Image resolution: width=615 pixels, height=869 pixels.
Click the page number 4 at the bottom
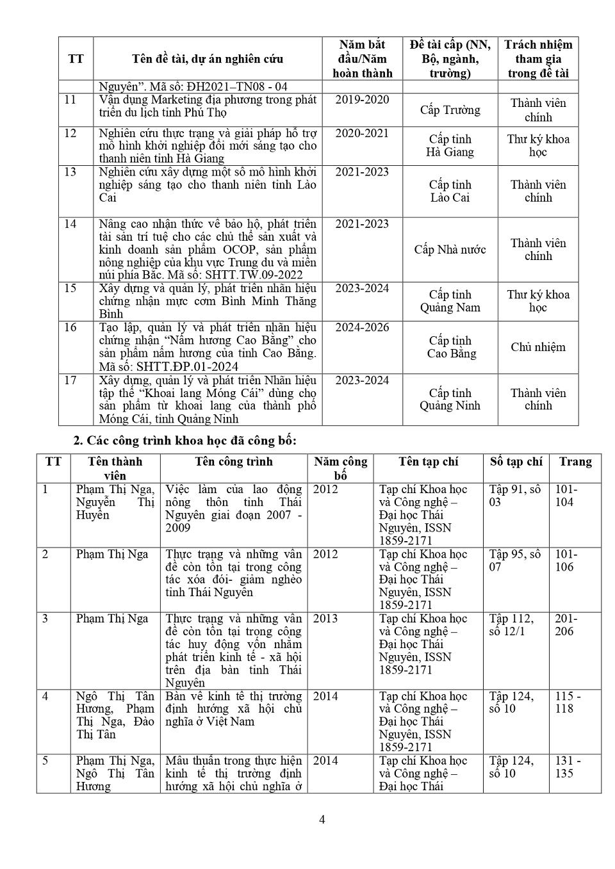322,820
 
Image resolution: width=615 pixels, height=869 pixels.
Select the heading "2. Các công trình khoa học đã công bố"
184,441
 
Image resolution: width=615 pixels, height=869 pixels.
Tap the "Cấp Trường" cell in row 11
450,110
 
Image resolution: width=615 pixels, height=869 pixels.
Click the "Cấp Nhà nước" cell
450,250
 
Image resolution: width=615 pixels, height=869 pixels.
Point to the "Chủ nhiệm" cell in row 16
538,347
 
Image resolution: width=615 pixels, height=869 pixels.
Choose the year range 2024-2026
362,328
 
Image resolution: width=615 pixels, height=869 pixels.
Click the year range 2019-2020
362,100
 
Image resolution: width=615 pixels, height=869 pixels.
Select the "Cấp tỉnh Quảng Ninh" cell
450,399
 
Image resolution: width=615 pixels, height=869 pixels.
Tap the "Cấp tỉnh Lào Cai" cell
450,191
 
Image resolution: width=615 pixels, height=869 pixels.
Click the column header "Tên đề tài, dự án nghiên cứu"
208,59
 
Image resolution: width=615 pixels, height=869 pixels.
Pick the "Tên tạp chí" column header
428,462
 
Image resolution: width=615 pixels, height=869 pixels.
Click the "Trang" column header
575,462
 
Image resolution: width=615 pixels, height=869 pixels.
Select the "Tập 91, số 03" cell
514,496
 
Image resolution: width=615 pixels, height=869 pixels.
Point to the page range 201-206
566,625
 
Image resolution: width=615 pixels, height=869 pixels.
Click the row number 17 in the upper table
70,380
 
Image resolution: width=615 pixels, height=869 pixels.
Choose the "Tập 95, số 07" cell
514,560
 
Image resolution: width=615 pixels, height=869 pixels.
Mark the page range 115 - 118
568,703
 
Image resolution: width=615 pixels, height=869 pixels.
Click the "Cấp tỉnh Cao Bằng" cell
451,347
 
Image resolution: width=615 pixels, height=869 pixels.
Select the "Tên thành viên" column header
115,468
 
